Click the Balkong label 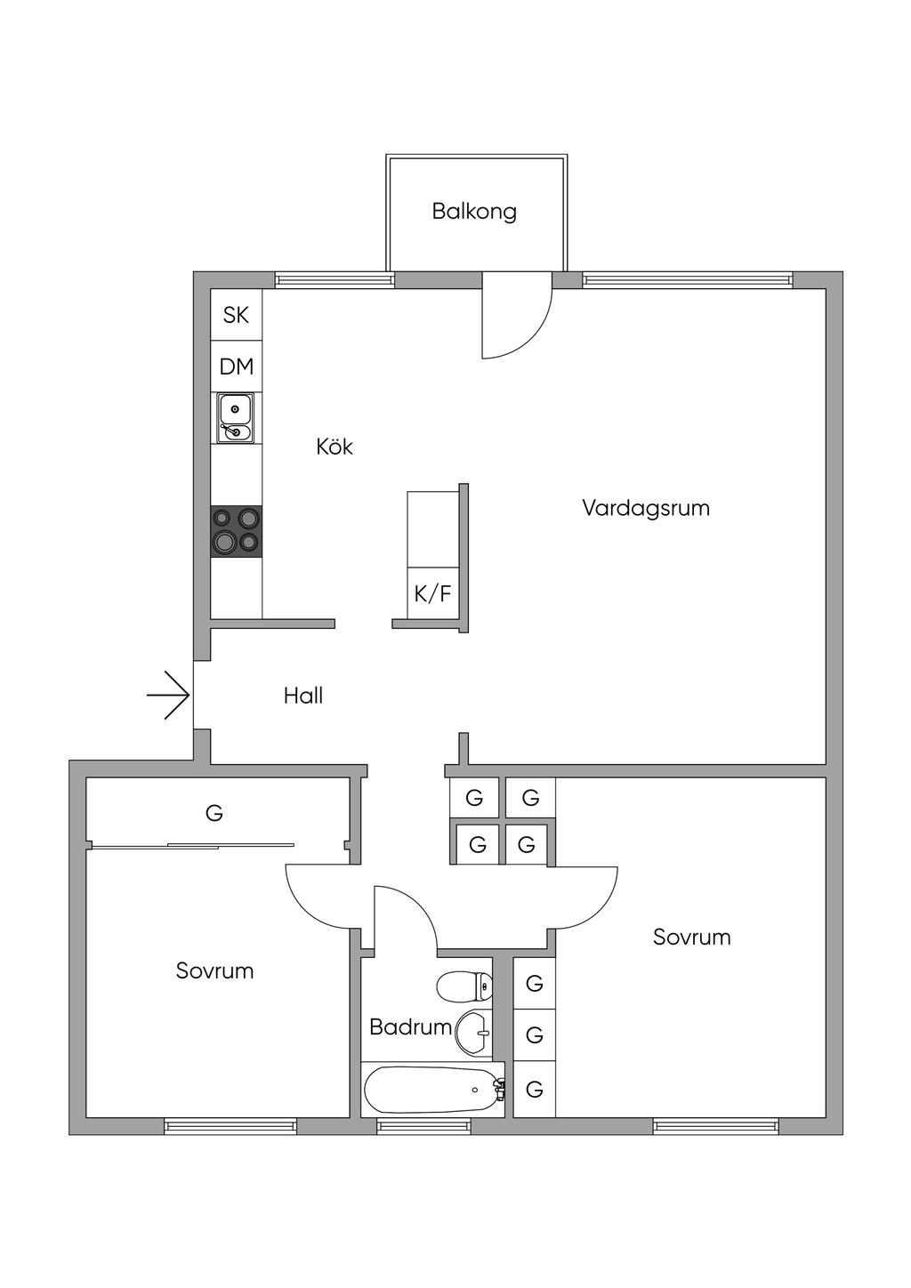474,212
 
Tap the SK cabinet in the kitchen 237,315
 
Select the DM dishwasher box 237,366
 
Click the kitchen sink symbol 236,418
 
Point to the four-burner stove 237,531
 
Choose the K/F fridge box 433,593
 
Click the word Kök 335,447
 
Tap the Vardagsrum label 646,508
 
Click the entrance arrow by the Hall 169,694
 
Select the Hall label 303,696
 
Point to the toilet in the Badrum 464,986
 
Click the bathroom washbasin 473,1033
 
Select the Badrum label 410,1027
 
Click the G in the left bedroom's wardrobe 214,813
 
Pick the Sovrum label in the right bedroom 692,937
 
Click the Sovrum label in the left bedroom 215,970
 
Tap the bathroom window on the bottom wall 423,1126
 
